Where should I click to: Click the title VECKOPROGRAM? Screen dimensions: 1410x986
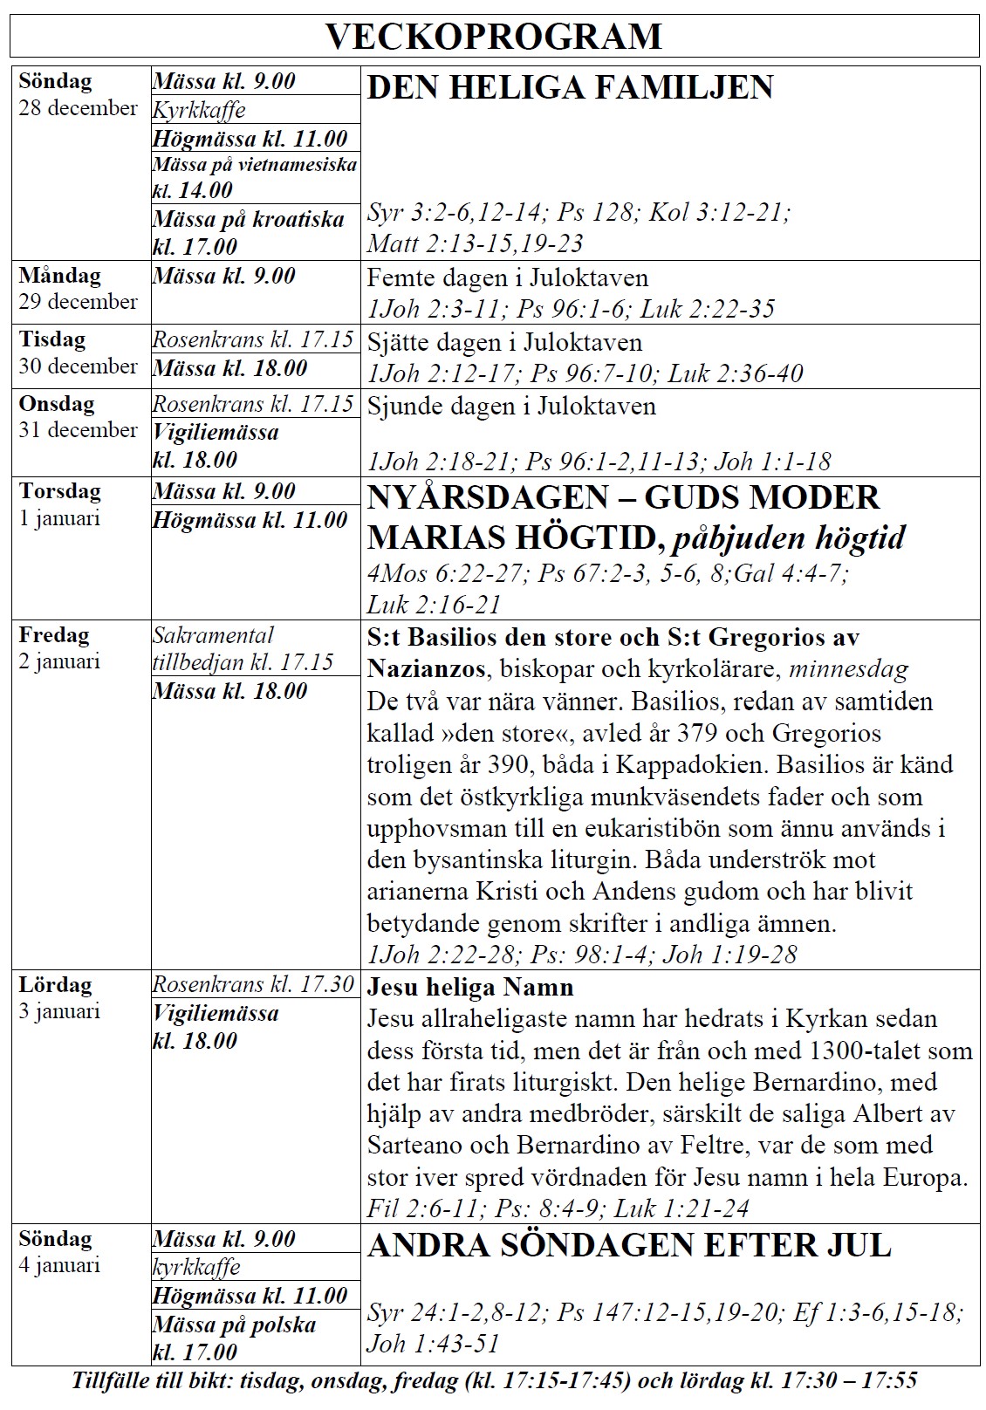click(493, 37)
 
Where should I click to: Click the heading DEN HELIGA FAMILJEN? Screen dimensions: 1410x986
click(570, 87)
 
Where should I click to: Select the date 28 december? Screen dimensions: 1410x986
click(79, 108)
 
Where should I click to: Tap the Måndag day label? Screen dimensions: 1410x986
click(60, 276)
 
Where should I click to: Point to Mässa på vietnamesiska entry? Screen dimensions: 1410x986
click(254, 176)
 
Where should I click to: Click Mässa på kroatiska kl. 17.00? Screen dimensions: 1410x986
click(248, 232)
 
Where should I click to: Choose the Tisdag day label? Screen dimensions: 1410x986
click(52, 339)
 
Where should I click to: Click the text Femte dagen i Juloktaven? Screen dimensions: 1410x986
click(507, 278)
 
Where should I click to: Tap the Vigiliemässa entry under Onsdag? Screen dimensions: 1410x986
click(216, 446)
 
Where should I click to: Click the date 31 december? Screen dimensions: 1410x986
click(79, 430)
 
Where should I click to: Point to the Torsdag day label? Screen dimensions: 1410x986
click(60, 491)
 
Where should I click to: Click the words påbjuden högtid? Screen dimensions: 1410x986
click(787, 537)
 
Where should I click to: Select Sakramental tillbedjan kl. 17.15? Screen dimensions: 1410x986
click(243, 648)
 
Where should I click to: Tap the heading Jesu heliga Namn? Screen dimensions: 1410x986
click(470, 988)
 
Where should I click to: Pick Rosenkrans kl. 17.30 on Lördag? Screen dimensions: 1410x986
click(253, 984)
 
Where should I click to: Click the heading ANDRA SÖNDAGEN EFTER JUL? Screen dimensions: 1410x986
click(629, 1245)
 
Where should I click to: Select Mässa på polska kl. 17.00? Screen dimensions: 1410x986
click(233, 1338)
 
